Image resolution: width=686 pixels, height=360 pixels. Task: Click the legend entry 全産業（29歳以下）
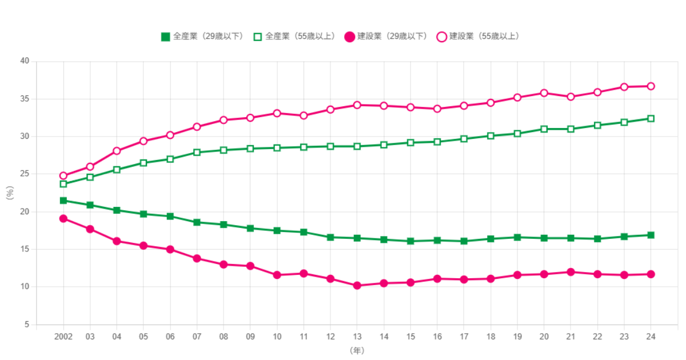coord(203,37)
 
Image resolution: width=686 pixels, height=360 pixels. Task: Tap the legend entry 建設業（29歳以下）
coord(386,37)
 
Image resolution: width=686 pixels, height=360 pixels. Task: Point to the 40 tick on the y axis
coord(25,61)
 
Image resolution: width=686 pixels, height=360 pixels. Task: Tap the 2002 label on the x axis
coord(63,336)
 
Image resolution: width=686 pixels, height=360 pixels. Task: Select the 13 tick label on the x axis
coord(357,336)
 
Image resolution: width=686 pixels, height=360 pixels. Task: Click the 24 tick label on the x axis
coord(651,336)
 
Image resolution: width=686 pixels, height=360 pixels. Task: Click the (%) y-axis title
coord(10,193)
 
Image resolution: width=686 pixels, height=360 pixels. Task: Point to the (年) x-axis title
coord(357,350)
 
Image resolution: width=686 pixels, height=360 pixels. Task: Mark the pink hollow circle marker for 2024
coord(651,86)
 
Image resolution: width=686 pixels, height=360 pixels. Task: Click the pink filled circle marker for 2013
coord(357,285)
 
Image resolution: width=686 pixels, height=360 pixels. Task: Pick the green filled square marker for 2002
coord(63,201)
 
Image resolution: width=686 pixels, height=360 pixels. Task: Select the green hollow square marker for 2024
coord(651,119)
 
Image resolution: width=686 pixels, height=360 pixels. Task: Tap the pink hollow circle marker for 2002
coord(63,176)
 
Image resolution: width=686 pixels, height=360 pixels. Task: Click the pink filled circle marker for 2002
coord(63,218)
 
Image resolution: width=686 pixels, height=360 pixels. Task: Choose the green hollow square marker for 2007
coord(197,153)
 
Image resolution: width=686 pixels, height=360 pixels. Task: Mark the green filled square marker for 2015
coord(410,241)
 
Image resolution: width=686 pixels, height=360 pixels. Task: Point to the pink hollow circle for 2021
coord(571,97)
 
